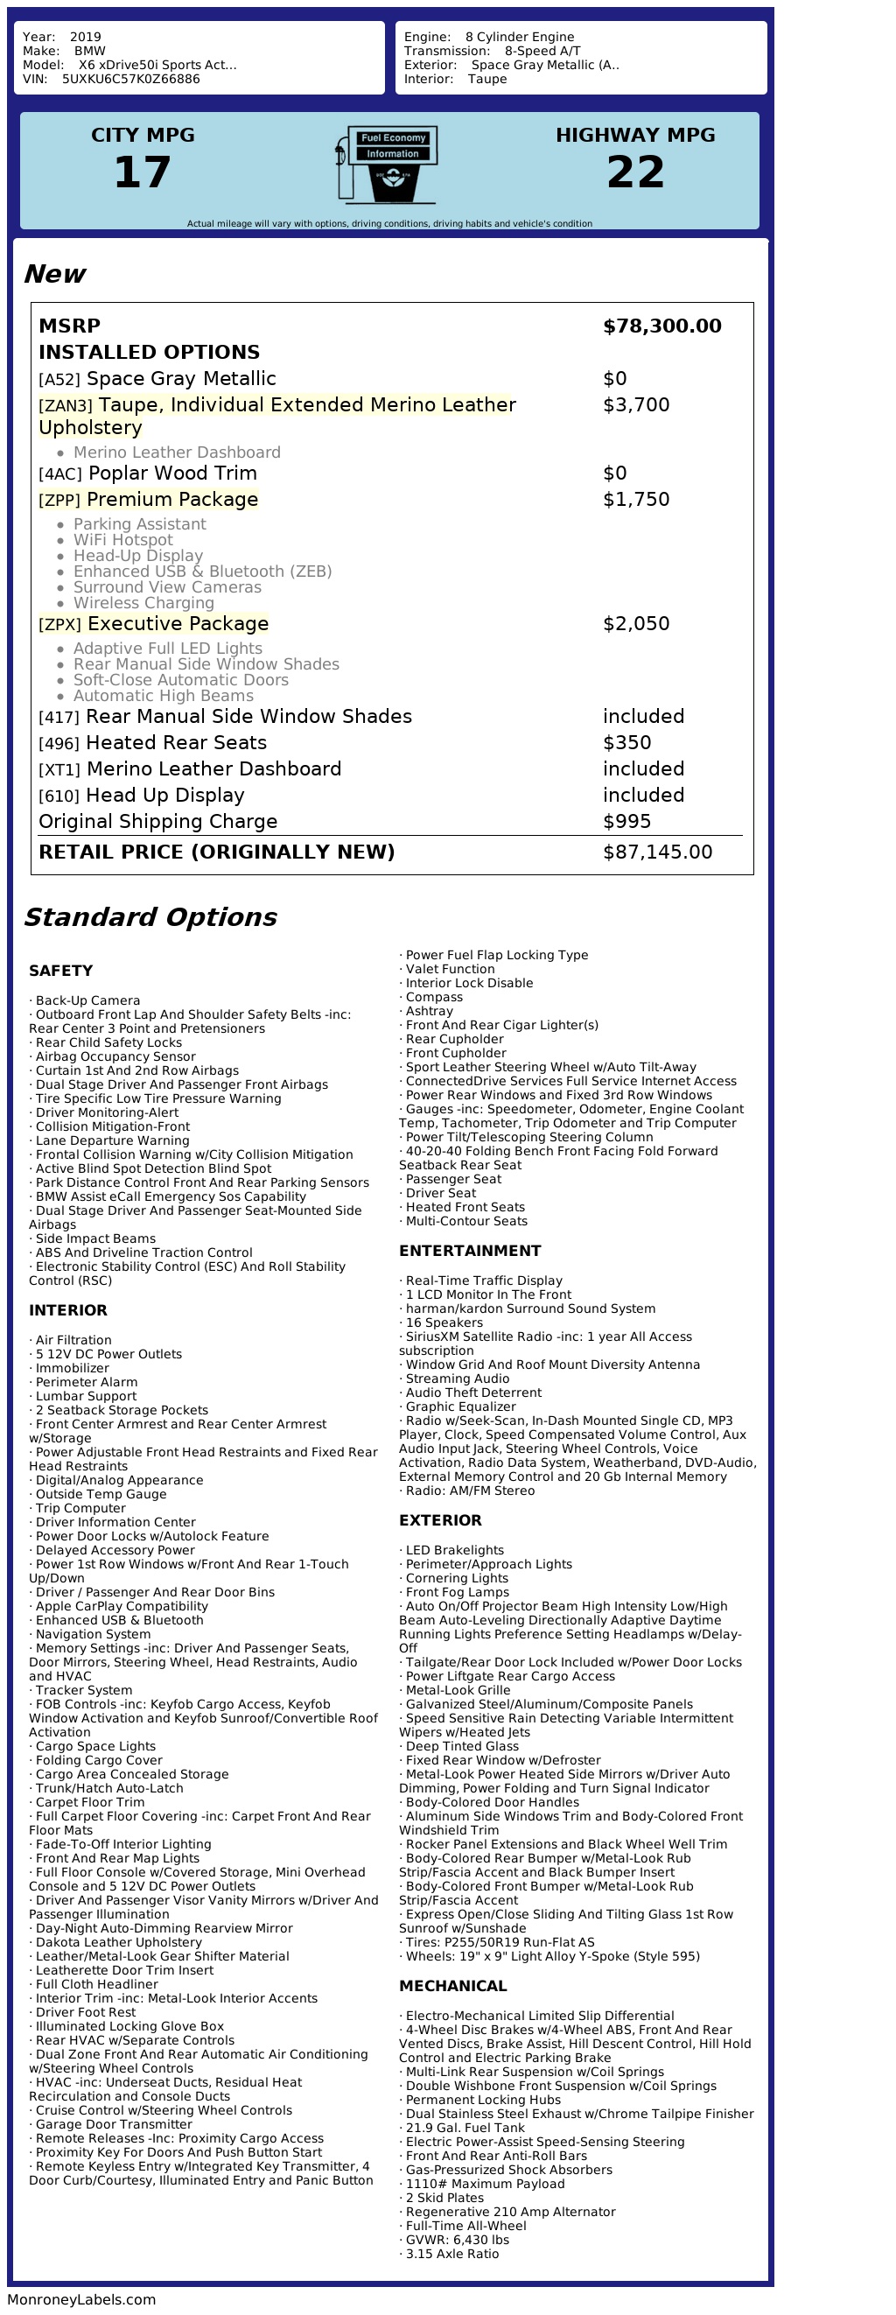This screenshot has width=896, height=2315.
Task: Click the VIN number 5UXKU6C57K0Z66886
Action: pos(130,79)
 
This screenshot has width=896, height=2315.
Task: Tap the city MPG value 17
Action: pos(142,172)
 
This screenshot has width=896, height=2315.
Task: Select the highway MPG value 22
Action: pos(635,172)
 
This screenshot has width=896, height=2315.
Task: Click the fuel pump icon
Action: pos(388,165)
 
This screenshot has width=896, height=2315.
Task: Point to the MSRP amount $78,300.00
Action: pos(661,326)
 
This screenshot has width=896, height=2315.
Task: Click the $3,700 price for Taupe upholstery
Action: pos(635,405)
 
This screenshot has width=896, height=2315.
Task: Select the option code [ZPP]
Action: pos(59,501)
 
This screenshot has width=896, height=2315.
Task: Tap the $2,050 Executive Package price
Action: pos(635,624)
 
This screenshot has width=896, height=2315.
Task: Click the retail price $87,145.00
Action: pos(657,852)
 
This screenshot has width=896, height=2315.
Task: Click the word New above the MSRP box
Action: pos(54,274)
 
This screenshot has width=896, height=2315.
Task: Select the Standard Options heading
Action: pos(150,916)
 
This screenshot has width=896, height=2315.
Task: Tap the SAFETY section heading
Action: pos(60,971)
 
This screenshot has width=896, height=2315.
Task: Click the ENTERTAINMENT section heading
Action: pos(470,1251)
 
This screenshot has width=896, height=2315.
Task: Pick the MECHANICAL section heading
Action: pos(453,1986)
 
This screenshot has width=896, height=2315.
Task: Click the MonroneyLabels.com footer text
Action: pos(81,2300)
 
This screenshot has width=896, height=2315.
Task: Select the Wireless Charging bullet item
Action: pos(143,603)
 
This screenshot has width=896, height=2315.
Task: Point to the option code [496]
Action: pos(59,744)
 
